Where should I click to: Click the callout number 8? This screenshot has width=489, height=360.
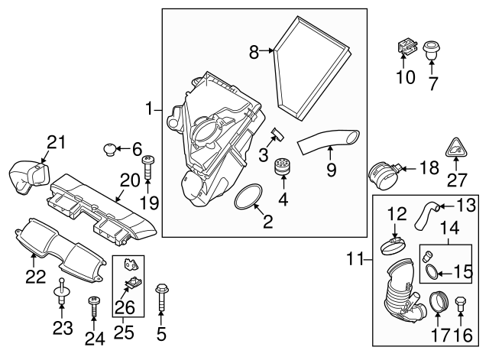(254, 51)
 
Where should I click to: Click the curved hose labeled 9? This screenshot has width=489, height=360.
(327, 142)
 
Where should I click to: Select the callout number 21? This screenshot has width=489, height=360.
(53, 141)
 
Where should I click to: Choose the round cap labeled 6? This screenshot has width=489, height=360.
(112, 148)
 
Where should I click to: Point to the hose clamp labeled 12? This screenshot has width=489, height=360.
(394, 245)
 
